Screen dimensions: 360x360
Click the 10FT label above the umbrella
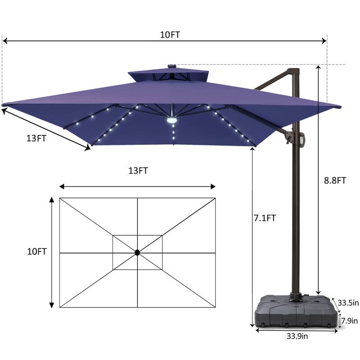click(x=170, y=35)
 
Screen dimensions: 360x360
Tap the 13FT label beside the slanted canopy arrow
click(x=36, y=139)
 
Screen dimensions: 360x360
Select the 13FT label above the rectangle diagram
click(x=138, y=171)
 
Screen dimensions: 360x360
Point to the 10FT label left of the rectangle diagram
click(x=37, y=252)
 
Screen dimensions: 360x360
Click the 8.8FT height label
click(x=335, y=180)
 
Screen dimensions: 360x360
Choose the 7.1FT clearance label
click(x=265, y=218)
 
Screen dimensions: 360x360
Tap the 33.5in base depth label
click(x=348, y=303)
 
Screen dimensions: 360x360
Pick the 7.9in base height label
click(x=350, y=321)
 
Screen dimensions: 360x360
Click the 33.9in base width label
click(x=297, y=336)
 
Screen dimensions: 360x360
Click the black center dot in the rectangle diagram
click(x=137, y=253)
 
